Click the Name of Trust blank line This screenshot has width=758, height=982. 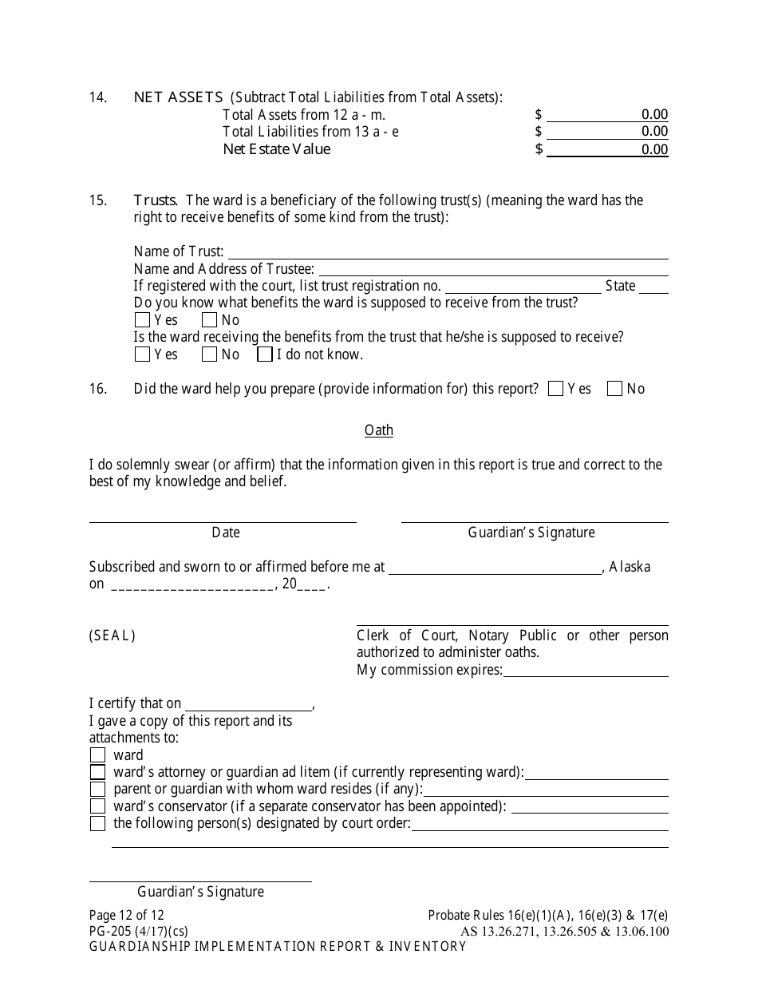[447, 252]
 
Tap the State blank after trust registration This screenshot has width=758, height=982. [653, 287]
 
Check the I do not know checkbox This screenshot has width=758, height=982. [265, 354]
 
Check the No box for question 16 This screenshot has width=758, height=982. [614, 389]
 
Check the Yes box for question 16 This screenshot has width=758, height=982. [556, 389]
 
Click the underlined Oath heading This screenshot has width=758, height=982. [379, 430]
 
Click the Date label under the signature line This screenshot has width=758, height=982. [226, 533]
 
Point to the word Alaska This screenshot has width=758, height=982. [630, 567]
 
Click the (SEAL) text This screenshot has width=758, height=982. [113, 636]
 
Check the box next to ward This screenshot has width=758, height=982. [97, 755]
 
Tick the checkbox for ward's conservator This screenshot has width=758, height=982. [97, 806]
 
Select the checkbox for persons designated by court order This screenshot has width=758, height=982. [97, 823]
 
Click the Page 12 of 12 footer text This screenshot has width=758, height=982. [126, 916]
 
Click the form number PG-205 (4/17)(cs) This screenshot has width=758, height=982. [139, 931]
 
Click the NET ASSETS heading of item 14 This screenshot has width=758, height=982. [178, 97]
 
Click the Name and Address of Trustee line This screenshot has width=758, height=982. [492, 270]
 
